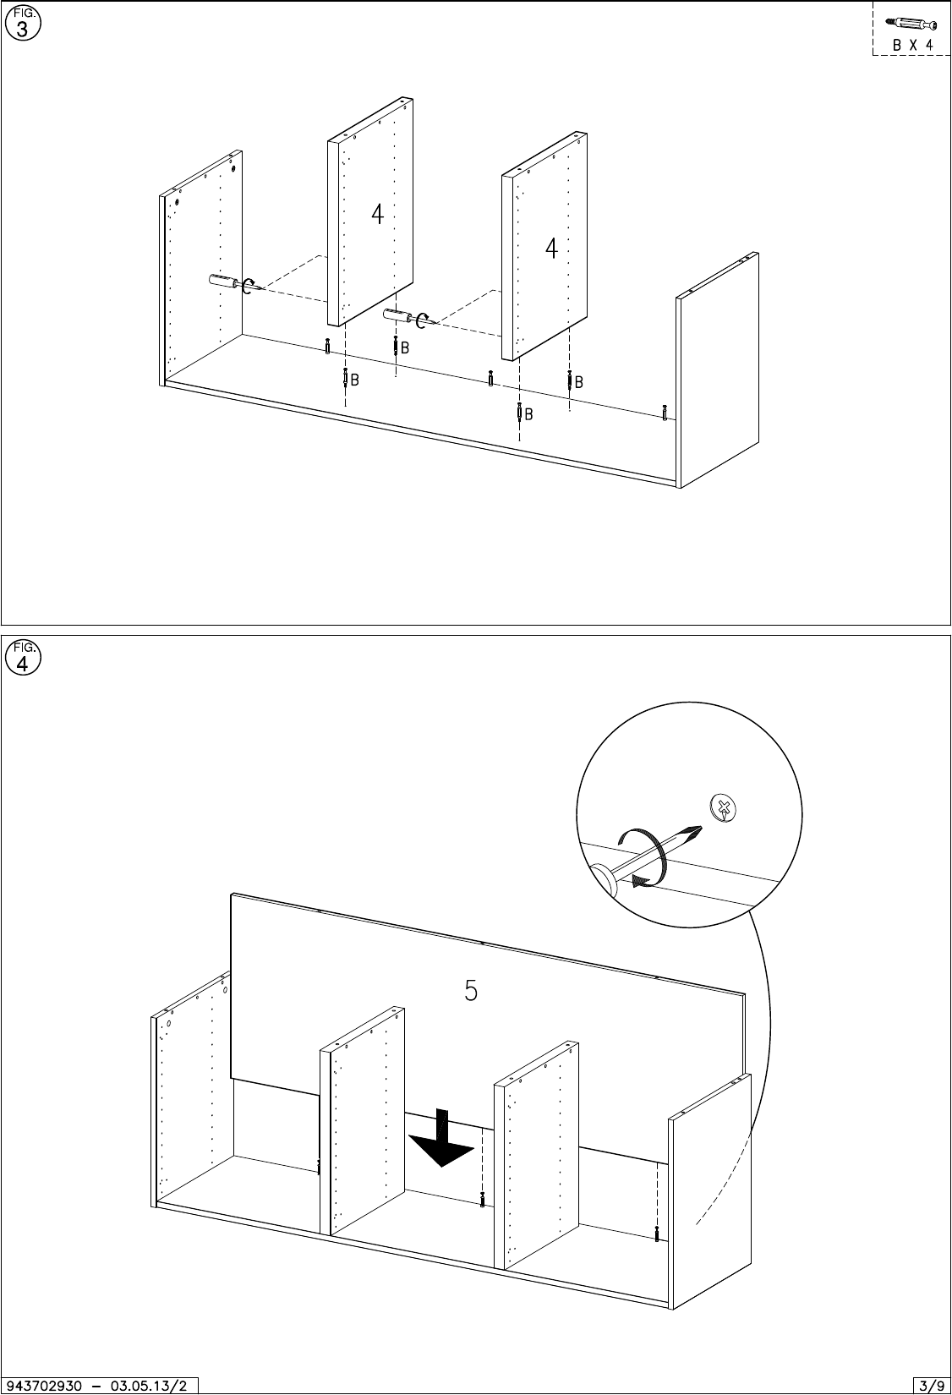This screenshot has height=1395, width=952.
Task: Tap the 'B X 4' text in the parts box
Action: pos(912,45)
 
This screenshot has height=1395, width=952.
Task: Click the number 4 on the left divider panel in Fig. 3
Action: pos(377,215)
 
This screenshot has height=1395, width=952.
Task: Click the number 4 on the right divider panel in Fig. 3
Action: pos(551,249)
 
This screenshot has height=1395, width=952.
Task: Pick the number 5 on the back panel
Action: pos(471,989)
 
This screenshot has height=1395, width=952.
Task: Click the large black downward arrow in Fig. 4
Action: pos(440,1138)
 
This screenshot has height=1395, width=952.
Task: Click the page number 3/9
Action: pos(931,1385)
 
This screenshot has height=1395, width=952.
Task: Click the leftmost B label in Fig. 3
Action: pos(355,380)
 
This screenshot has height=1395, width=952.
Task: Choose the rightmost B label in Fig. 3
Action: pos(579,383)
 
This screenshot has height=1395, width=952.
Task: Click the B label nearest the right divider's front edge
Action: pos(528,414)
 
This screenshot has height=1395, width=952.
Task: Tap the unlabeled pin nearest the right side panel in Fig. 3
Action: pos(665,412)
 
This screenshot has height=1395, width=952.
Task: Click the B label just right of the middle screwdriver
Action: pos(405,347)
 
